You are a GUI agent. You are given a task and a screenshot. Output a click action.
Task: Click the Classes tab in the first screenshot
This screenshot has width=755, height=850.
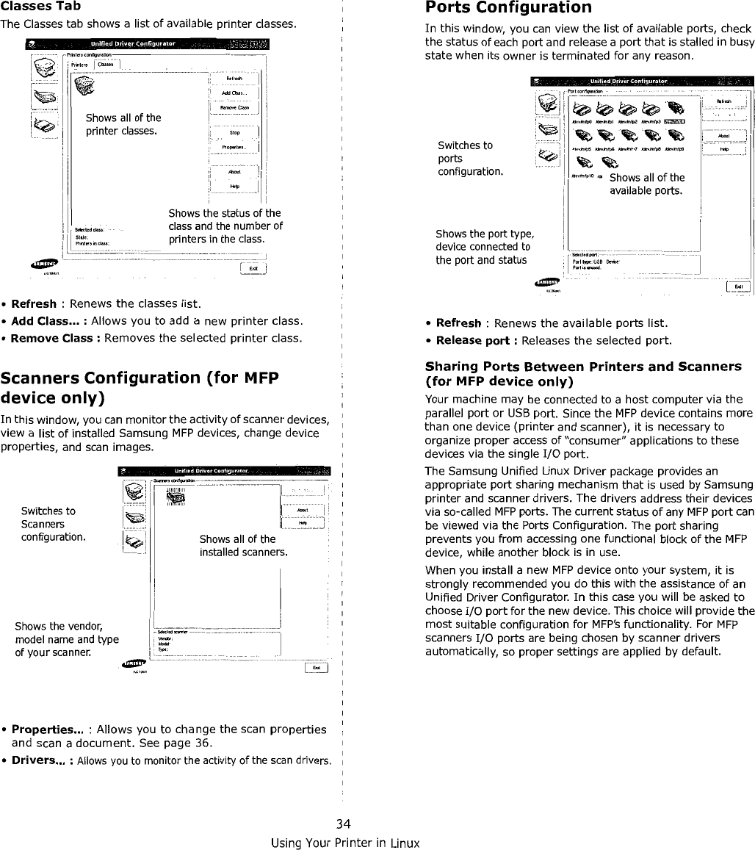click(105, 64)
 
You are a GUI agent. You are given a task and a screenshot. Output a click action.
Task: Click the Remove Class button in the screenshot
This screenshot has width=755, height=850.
click(234, 108)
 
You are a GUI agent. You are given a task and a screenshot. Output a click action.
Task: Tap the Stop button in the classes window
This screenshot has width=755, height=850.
click(234, 133)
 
